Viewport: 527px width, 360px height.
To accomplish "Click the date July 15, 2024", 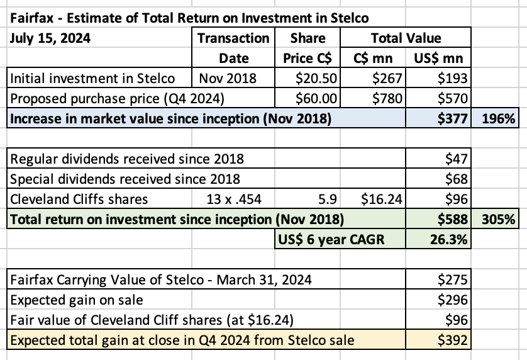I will (x=51, y=37).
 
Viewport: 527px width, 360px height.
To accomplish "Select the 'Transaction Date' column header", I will (x=233, y=48).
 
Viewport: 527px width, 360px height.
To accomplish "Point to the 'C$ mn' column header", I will (x=374, y=59).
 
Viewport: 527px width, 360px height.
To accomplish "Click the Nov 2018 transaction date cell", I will (x=224, y=79).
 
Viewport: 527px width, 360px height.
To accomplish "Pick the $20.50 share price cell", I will (x=318, y=79).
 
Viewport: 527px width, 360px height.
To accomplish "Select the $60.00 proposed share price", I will (x=318, y=98).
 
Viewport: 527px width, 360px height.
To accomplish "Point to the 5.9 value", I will (x=331, y=200).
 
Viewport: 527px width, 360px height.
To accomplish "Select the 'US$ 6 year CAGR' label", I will (x=330, y=240).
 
